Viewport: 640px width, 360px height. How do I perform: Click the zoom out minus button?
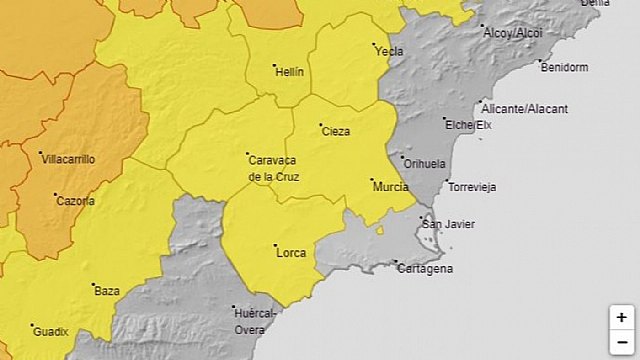pyautogui.click(x=622, y=342)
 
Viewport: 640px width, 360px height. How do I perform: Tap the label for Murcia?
pyautogui.click(x=389, y=187)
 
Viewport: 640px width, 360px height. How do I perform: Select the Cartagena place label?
pyautogui.click(x=426, y=269)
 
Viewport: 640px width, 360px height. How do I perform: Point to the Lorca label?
pyautogui.click(x=291, y=253)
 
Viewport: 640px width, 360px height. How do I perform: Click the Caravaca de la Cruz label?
pyautogui.click(x=272, y=168)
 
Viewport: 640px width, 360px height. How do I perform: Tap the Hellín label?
pyautogui.click(x=288, y=72)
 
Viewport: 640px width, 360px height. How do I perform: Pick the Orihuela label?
pyautogui.click(x=425, y=162)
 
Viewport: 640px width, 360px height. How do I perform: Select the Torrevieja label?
pyautogui.click(x=473, y=187)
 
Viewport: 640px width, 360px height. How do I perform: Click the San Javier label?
pyautogui.click(x=447, y=224)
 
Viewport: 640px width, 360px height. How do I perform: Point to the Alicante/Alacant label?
pyautogui.click(x=524, y=108)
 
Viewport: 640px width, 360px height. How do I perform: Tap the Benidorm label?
pyautogui.click(x=565, y=67)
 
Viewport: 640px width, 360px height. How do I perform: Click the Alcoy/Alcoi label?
pyautogui.click(x=512, y=32)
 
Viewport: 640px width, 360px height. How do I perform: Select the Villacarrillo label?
pyautogui.click(x=68, y=159)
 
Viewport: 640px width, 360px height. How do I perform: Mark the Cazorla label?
pyautogui.click(x=76, y=201)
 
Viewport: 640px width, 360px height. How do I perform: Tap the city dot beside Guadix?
pyautogui.click(x=33, y=325)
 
